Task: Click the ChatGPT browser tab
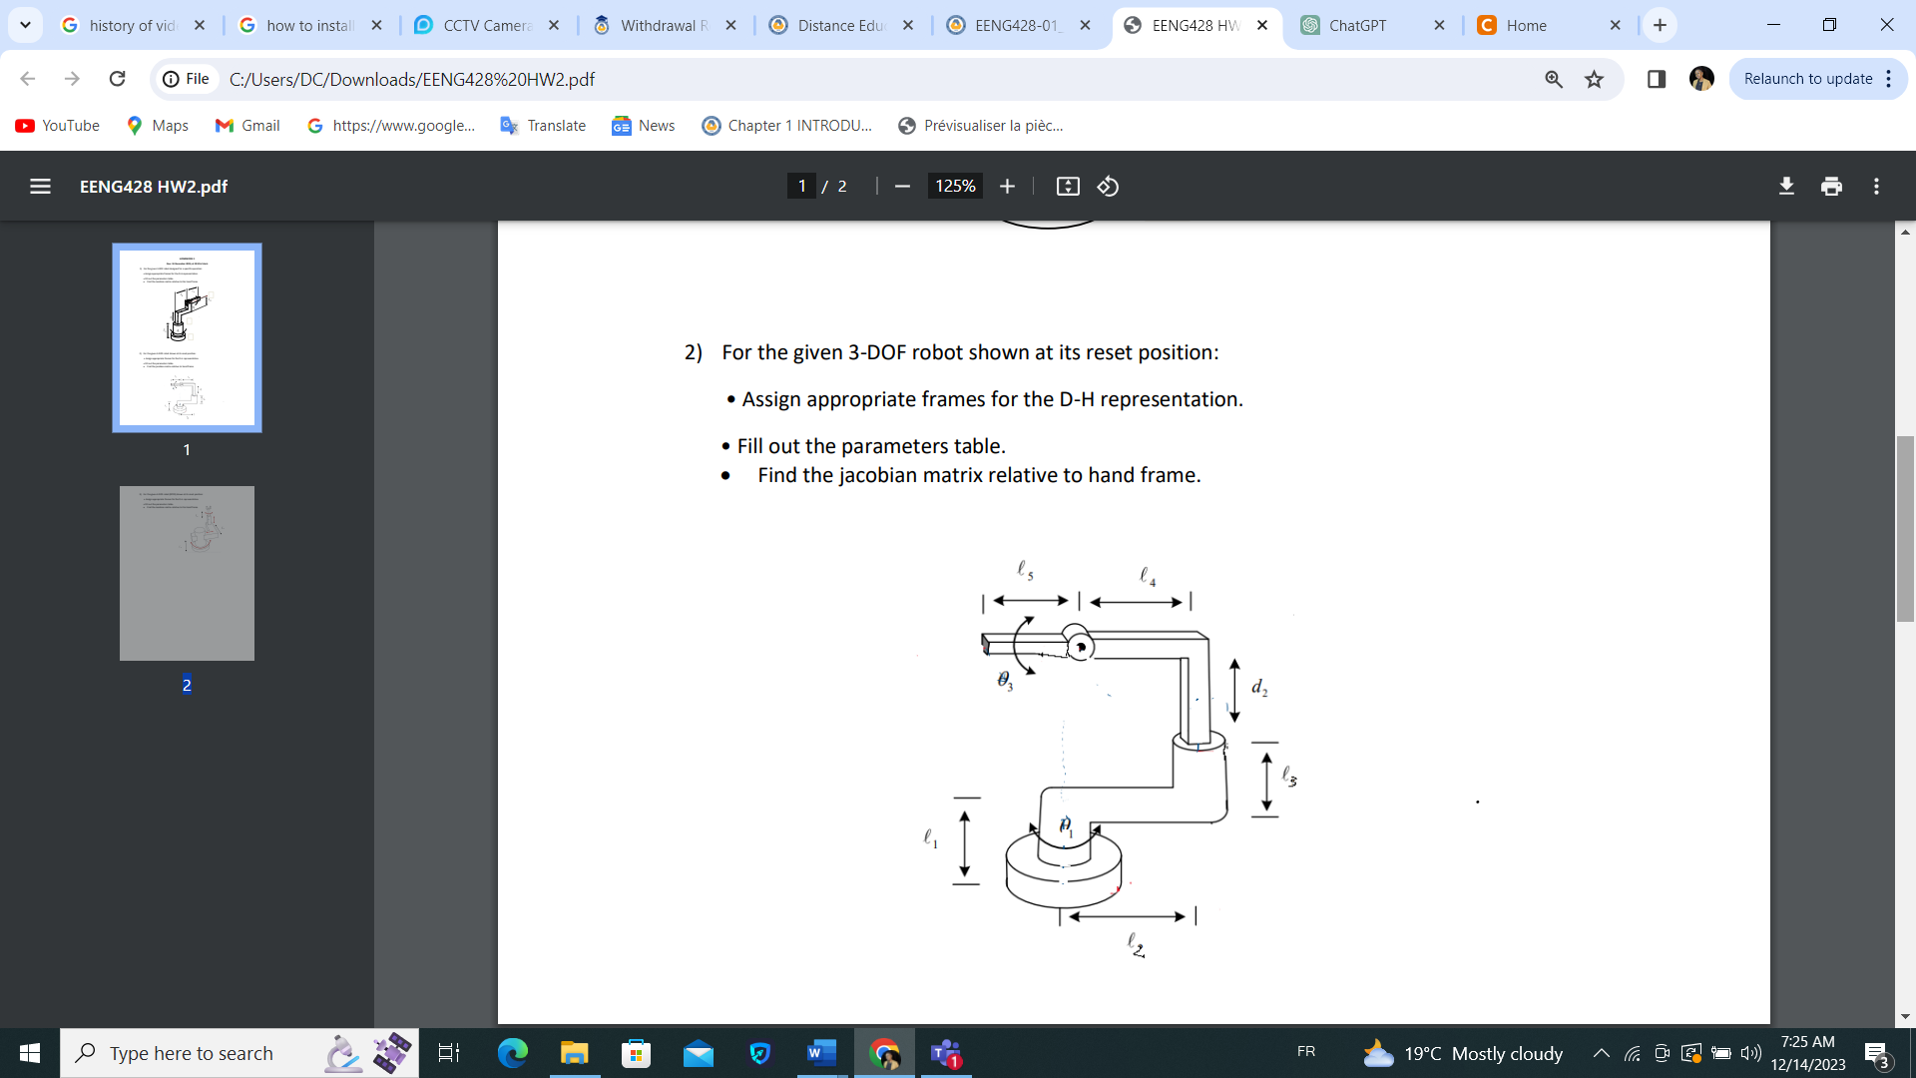tap(1357, 25)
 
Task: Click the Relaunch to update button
tap(1807, 79)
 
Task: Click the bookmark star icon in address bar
tap(1594, 79)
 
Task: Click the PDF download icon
tap(1786, 186)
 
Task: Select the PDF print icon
tap(1831, 186)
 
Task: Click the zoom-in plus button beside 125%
tap(1007, 186)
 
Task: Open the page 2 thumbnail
tap(187, 573)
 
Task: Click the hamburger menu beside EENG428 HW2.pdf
tap(40, 186)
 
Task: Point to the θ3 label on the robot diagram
tap(1005, 681)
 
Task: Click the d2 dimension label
tap(1259, 688)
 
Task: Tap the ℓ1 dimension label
tap(930, 838)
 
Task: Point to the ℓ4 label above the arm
tap(1148, 576)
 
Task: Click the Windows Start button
tap(29, 1053)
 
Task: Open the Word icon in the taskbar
tap(820, 1053)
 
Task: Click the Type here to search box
tap(191, 1053)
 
